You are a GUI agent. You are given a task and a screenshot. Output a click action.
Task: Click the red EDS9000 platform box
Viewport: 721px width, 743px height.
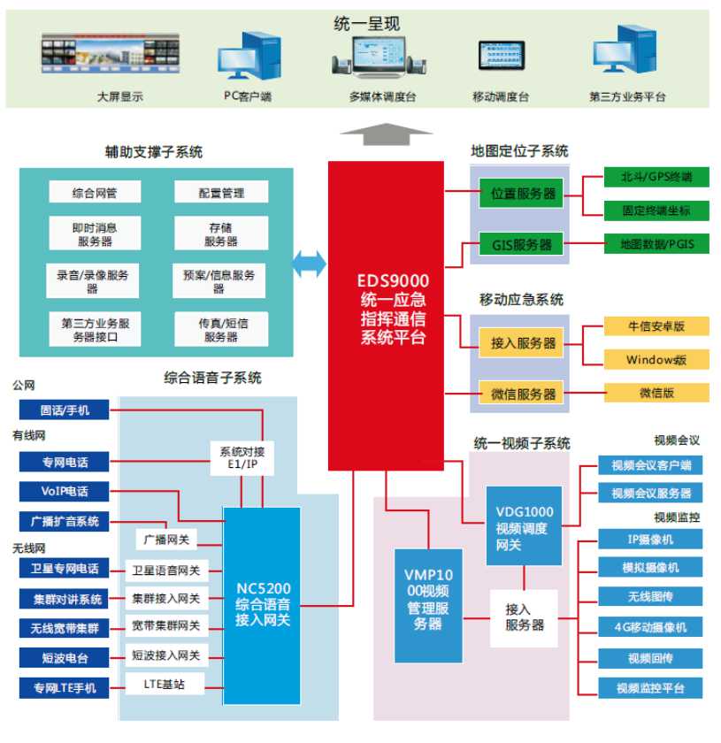tap(386, 315)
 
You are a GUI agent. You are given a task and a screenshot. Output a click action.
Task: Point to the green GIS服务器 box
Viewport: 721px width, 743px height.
tap(521, 243)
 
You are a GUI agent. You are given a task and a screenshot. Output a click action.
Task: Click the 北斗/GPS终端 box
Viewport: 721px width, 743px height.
tap(656, 178)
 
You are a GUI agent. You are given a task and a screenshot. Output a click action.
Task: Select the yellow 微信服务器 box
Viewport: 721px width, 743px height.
tap(524, 394)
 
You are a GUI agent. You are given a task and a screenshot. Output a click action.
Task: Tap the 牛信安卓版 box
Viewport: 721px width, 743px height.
tap(656, 326)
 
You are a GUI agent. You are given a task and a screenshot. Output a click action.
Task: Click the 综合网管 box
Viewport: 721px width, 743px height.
tap(95, 193)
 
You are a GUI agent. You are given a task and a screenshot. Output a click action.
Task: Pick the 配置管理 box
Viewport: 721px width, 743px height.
tap(221, 193)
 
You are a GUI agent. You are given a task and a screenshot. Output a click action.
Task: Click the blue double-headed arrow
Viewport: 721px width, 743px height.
tap(309, 263)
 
